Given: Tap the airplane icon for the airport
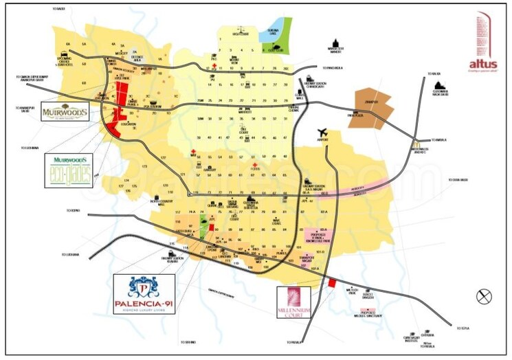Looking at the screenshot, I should [322, 133].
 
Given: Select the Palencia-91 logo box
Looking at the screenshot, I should [144, 294].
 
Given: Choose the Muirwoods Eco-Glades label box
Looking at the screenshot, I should [68, 170].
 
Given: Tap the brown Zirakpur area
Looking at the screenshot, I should [374, 108].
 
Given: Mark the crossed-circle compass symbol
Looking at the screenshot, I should [484, 296].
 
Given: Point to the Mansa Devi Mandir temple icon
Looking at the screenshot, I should [335, 43].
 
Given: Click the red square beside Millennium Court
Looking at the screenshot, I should [331, 283].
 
